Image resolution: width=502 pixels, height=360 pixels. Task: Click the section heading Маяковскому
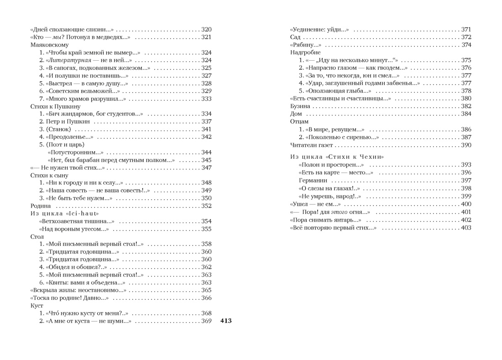click(x=49, y=45)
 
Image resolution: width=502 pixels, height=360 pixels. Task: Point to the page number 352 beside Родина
click(x=206, y=206)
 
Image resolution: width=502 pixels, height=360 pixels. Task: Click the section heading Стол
click(x=37, y=237)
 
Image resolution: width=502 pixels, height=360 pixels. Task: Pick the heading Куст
click(x=37, y=306)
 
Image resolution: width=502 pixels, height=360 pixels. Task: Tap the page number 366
click(x=206, y=298)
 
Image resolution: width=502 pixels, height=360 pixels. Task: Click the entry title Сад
click(x=296, y=37)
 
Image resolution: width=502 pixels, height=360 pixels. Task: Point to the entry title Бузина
click(x=300, y=106)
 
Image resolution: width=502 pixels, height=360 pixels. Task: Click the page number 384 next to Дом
click(x=465, y=114)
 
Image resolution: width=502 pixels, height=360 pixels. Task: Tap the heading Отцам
click(x=299, y=122)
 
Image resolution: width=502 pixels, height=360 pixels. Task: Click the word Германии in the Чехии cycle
click(x=313, y=181)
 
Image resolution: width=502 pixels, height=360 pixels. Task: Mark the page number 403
click(x=465, y=228)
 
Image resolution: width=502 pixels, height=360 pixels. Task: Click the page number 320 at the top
click(x=206, y=29)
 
